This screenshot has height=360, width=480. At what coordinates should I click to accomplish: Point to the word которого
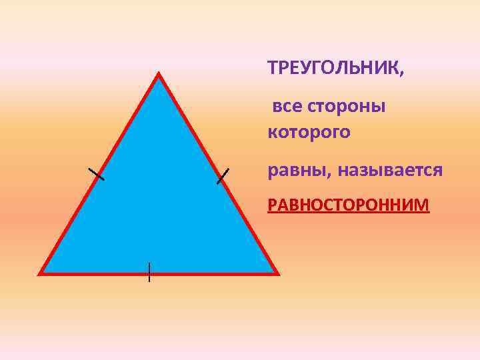[x=309, y=133]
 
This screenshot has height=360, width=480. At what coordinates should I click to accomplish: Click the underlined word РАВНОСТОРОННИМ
[x=349, y=205]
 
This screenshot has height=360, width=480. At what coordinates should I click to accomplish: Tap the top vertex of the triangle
[x=159, y=75]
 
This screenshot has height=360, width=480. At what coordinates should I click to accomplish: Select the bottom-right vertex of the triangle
[x=276, y=273]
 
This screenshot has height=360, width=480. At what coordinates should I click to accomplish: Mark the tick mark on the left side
[x=97, y=174]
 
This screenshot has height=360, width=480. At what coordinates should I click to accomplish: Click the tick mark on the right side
[x=223, y=175]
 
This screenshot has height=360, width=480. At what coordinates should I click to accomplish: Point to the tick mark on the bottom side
[x=149, y=271]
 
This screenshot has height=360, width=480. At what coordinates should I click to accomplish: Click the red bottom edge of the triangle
[x=200, y=273]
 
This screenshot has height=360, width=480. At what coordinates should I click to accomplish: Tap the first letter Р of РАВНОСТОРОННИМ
[x=271, y=205]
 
